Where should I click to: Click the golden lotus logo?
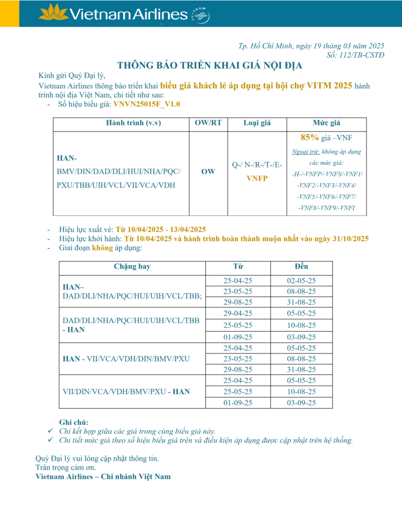(x=54, y=12)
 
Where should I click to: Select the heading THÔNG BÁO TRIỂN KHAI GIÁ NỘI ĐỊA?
(x=210, y=66)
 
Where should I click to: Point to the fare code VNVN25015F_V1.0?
(x=147, y=104)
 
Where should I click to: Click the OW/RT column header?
(x=208, y=123)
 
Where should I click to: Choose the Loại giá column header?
(x=257, y=123)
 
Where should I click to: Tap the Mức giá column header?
(x=326, y=123)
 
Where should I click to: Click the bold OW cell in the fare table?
(x=208, y=172)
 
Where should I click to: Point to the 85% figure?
(x=310, y=137)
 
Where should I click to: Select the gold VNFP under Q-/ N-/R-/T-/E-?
(x=257, y=179)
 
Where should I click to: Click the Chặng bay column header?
(x=132, y=266)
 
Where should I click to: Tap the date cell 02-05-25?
(x=301, y=280)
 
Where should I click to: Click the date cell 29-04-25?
(x=238, y=313)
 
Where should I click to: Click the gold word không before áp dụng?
(x=102, y=248)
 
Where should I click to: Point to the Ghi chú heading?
(x=74, y=422)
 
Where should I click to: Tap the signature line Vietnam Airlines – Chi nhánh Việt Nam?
(x=103, y=476)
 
